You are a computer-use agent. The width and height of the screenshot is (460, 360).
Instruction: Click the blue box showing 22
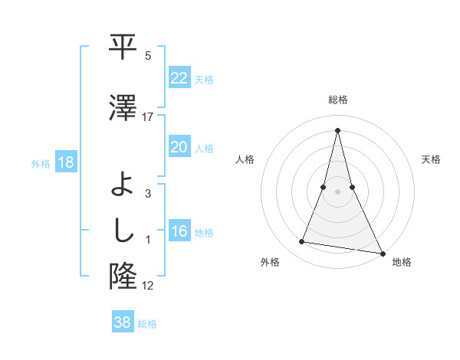click(x=179, y=78)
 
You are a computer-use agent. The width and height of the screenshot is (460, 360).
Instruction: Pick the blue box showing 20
click(x=179, y=147)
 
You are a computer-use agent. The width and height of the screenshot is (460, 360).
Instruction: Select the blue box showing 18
click(x=65, y=162)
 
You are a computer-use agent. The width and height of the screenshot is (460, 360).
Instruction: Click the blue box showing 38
click(x=123, y=322)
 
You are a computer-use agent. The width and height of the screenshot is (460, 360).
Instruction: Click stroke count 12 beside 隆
click(x=148, y=286)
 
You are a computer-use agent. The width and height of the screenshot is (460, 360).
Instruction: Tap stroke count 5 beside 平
click(x=148, y=56)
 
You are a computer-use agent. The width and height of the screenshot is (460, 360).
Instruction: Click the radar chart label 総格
click(x=337, y=100)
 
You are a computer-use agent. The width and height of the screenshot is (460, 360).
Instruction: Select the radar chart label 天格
click(x=432, y=159)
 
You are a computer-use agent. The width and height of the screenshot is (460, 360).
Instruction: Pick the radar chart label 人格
click(x=245, y=159)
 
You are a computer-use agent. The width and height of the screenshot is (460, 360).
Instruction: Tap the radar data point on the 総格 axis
click(x=337, y=129)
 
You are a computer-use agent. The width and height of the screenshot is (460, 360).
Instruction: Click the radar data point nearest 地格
click(x=382, y=253)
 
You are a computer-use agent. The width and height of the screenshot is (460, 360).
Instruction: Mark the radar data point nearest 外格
click(x=302, y=242)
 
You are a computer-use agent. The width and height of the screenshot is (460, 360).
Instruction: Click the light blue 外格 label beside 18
click(x=40, y=163)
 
